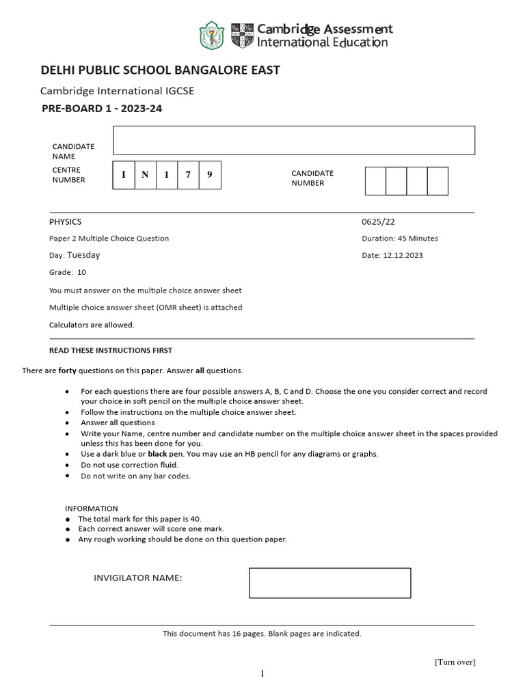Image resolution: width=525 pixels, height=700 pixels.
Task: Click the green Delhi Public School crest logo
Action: (211, 36)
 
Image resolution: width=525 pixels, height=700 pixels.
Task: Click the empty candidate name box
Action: (294, 140)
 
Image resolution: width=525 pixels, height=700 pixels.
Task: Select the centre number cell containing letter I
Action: (124, 175)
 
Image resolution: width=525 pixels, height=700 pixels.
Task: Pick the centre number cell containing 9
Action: (210, 175)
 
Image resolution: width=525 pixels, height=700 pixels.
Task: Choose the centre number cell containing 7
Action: (188, 175)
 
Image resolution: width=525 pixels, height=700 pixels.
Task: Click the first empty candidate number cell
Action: (375, 180)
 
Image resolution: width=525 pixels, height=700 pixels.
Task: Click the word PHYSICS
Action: (65, 222)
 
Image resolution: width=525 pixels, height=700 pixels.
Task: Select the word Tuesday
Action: (83, 255)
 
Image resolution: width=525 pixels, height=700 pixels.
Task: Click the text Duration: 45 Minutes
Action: (400, 239)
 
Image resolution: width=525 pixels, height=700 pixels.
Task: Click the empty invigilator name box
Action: (329, 582)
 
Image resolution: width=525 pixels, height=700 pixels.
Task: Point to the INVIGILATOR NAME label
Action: (137, 578)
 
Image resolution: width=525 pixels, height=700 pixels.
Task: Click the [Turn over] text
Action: (455, 662)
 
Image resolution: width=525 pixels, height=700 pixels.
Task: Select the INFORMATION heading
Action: (92, 509)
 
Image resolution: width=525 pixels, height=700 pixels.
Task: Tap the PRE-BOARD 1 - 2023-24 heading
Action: (102, 108)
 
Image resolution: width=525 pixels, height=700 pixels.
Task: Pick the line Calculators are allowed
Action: (92, 325)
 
